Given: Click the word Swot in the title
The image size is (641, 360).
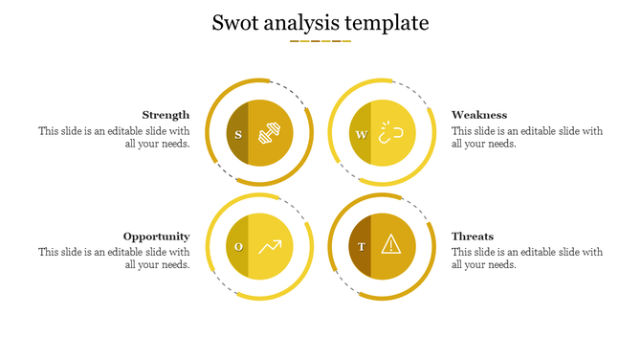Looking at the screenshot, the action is (235, 23).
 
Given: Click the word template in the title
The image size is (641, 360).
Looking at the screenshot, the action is (386, 24).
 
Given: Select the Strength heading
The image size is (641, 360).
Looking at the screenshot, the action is (166, 115).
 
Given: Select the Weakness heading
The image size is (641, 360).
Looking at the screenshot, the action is (479, 115).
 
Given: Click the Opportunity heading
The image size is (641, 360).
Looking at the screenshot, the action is (156, 236).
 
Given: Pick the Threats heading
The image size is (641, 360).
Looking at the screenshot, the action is (473, 236).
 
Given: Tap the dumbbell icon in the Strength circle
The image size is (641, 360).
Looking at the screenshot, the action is (270, 133).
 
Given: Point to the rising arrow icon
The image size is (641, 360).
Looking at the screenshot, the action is (270, 247).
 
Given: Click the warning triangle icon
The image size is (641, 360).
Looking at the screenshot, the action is (390, 245).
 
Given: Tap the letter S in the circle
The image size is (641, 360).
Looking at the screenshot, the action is (238, 134).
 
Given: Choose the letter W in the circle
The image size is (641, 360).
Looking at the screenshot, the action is (361, 134).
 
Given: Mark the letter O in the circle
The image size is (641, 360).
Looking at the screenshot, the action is (238, 247).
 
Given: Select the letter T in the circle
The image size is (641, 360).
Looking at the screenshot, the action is (361, 247).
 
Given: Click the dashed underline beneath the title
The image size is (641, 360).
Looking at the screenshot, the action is (320, 41).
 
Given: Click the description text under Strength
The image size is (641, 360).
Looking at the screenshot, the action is (114, 138).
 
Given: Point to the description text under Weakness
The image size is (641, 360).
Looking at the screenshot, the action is (527, 138).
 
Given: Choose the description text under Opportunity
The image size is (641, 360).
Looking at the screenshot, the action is (114, 259).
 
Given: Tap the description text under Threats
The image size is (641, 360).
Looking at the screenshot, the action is (527, 259).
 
